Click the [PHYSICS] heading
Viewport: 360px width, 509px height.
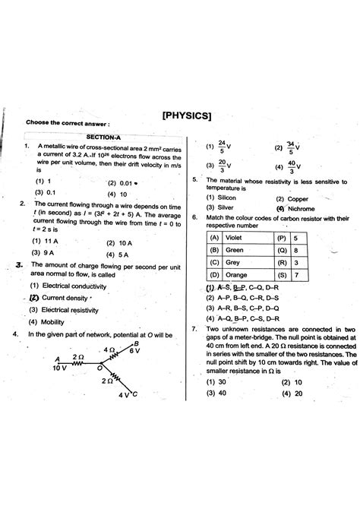[186, 116]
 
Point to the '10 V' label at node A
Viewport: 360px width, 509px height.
[60, 367]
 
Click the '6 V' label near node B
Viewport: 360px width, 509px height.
[134, 350]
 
